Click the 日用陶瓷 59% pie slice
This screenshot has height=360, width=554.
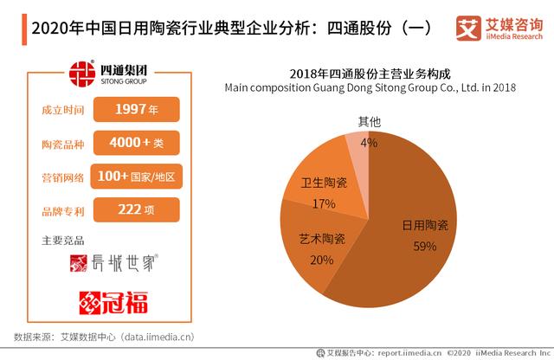407,251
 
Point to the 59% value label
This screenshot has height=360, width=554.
424,246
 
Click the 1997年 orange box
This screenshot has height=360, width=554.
135,111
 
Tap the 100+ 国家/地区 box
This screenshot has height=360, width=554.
135,177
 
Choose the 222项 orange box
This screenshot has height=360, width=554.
135,210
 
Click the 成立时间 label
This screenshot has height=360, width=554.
62,111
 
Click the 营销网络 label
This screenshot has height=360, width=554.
62,177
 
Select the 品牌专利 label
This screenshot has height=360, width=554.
62,210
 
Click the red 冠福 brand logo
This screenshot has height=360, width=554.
113,302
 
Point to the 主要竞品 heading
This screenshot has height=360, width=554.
62,239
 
